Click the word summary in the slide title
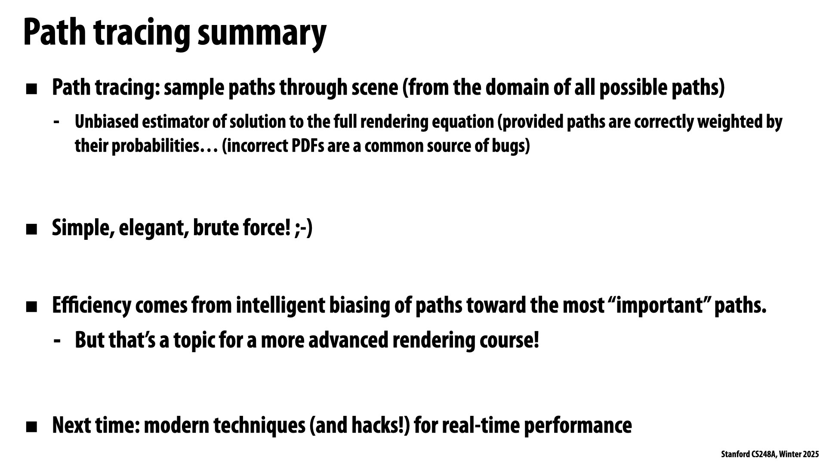(262, 34)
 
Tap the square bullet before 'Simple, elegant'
(31, 229)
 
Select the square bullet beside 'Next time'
(31, 427)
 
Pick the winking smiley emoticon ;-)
(304, 228)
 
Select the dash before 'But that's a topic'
(57, 341)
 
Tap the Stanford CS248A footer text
(770, 454)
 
